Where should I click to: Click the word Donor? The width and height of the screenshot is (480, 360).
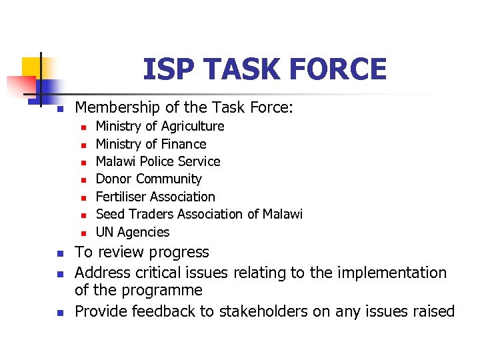click(x=114, y=179)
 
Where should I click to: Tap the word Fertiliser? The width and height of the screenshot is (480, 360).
click(x=122, y=197)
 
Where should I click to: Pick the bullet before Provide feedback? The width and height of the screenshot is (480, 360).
click(x=59, y=312)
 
